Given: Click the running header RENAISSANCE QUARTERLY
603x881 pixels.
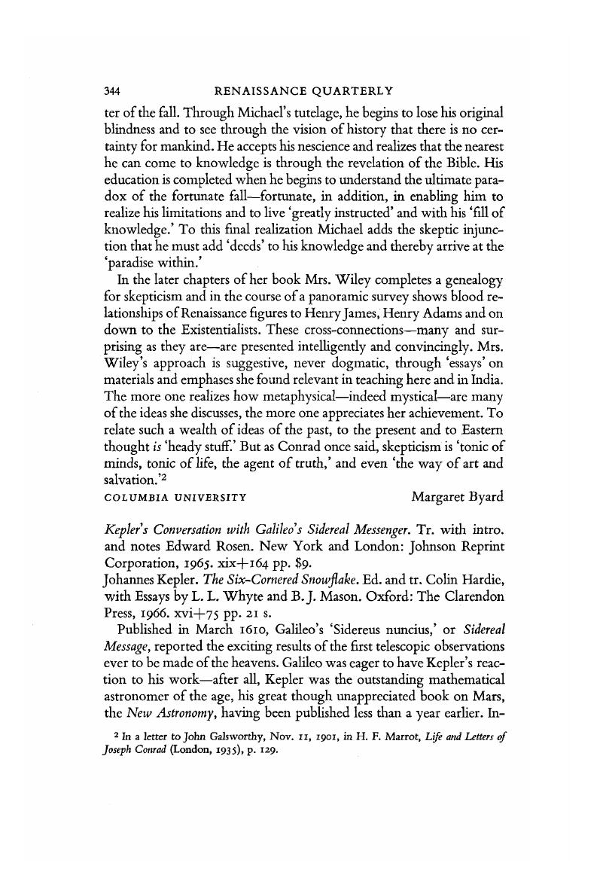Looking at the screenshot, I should coord(303,91).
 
